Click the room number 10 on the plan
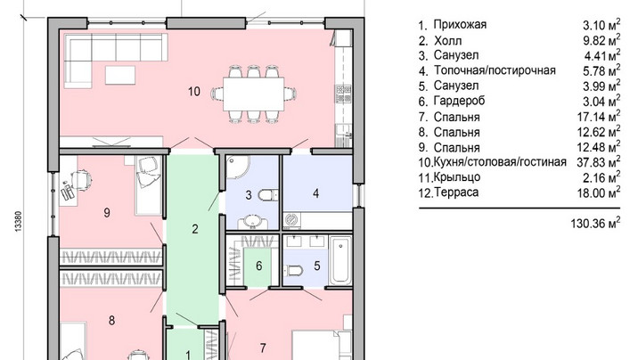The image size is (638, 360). point(194,91)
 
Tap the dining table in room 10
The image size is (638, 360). point(253,94)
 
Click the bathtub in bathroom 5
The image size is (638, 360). point(339,260)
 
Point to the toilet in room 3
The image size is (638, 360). point(267,195)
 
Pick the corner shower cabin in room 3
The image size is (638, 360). point(236,167)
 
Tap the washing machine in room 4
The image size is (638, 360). point(291,220)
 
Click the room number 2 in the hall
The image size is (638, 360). point(195,229)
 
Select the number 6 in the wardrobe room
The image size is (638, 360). point(258,266)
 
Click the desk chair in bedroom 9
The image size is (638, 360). point(80,179)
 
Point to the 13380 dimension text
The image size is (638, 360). point(19,221)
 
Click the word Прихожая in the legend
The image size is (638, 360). point(460,24)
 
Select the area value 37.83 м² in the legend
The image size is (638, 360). point(599,161)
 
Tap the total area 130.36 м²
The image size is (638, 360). point(596,223)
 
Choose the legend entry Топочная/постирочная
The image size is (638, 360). point(495,70)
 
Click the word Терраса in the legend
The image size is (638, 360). point(456,192)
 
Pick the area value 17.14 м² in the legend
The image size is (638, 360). point(599,117)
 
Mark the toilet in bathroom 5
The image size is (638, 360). point(295,270)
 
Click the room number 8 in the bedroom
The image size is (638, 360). point(112,321)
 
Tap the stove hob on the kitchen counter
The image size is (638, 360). point(342,94)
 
